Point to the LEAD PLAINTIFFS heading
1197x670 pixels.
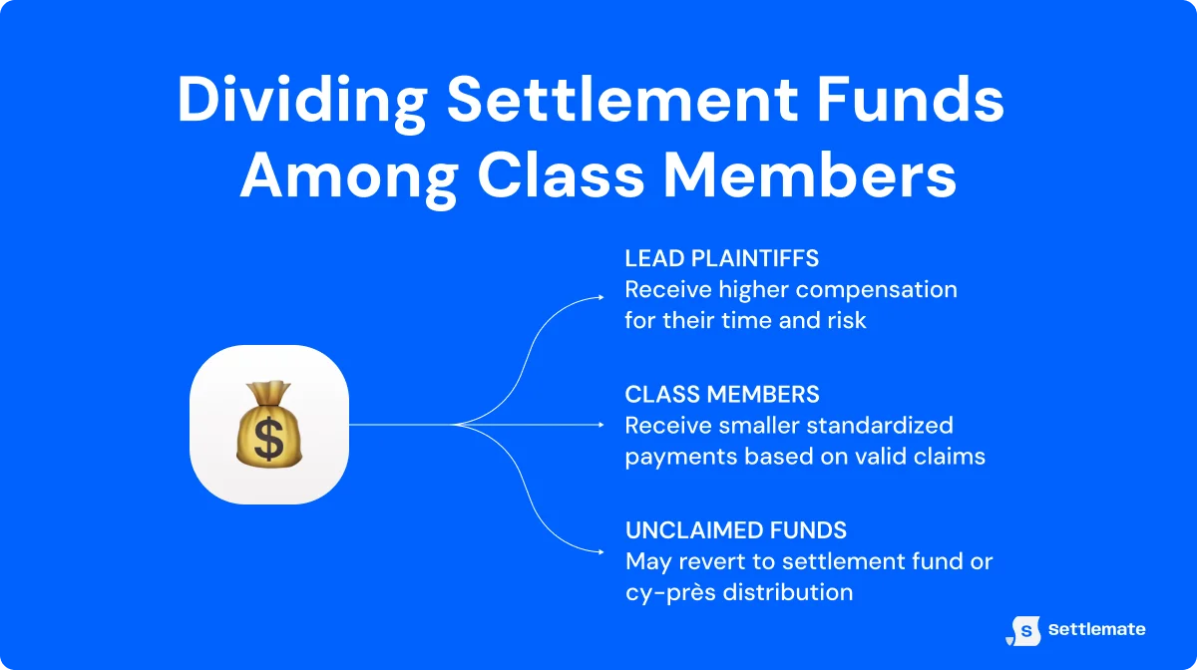pyautogui.click(x=721, y=259)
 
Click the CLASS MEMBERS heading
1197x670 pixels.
pyautogui.click(x=722, y=395)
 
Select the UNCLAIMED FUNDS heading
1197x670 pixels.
pyautogui.click(x=735, y=530)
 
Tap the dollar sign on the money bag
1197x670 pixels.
pyautogui.click(x=268, y=438)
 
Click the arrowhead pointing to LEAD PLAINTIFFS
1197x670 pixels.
pyautogui.click(x=600, y=296)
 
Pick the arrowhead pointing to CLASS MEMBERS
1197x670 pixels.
pyautogui.click(x=600, y=425)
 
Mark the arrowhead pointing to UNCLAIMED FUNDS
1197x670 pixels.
pyautogui.click(x=600, y=552)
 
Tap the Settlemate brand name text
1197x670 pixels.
pyautogui.click(x=1096, y=630)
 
